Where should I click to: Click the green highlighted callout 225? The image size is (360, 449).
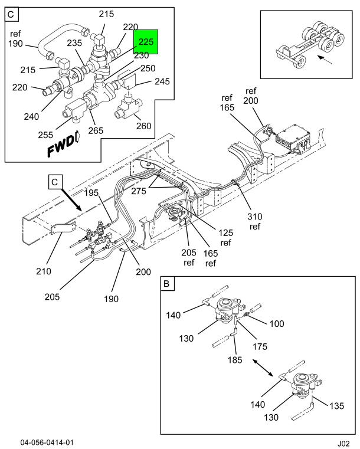(146, 42)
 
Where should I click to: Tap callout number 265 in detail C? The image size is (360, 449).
(96, 130)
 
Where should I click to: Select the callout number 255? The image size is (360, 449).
(45, 135)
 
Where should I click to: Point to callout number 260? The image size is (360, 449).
(144, 126)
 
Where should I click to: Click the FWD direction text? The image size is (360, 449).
(60, 146)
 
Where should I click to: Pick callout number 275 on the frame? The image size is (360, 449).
(139, 191)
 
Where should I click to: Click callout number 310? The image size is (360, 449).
(255, 217)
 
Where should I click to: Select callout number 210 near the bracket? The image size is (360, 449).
(44, 271)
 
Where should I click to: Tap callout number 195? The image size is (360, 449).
(91, 193)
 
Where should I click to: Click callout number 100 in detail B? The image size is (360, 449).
(277, 324)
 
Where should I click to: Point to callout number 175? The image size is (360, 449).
(260, 347)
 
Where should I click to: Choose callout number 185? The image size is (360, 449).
(235, 360)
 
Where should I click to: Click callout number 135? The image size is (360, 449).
(336, 406)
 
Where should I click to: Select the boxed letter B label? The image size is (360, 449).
(166, 284)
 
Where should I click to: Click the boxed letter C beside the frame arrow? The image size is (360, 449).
(55, 182)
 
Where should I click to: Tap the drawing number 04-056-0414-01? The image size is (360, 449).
(47, 443)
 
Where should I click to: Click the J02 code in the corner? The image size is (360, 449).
(343, 444)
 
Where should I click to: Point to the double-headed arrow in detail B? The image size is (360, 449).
(263, 368)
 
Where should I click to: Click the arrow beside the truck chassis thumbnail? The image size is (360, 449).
(325, 60)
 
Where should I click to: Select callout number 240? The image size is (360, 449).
(31, 117)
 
